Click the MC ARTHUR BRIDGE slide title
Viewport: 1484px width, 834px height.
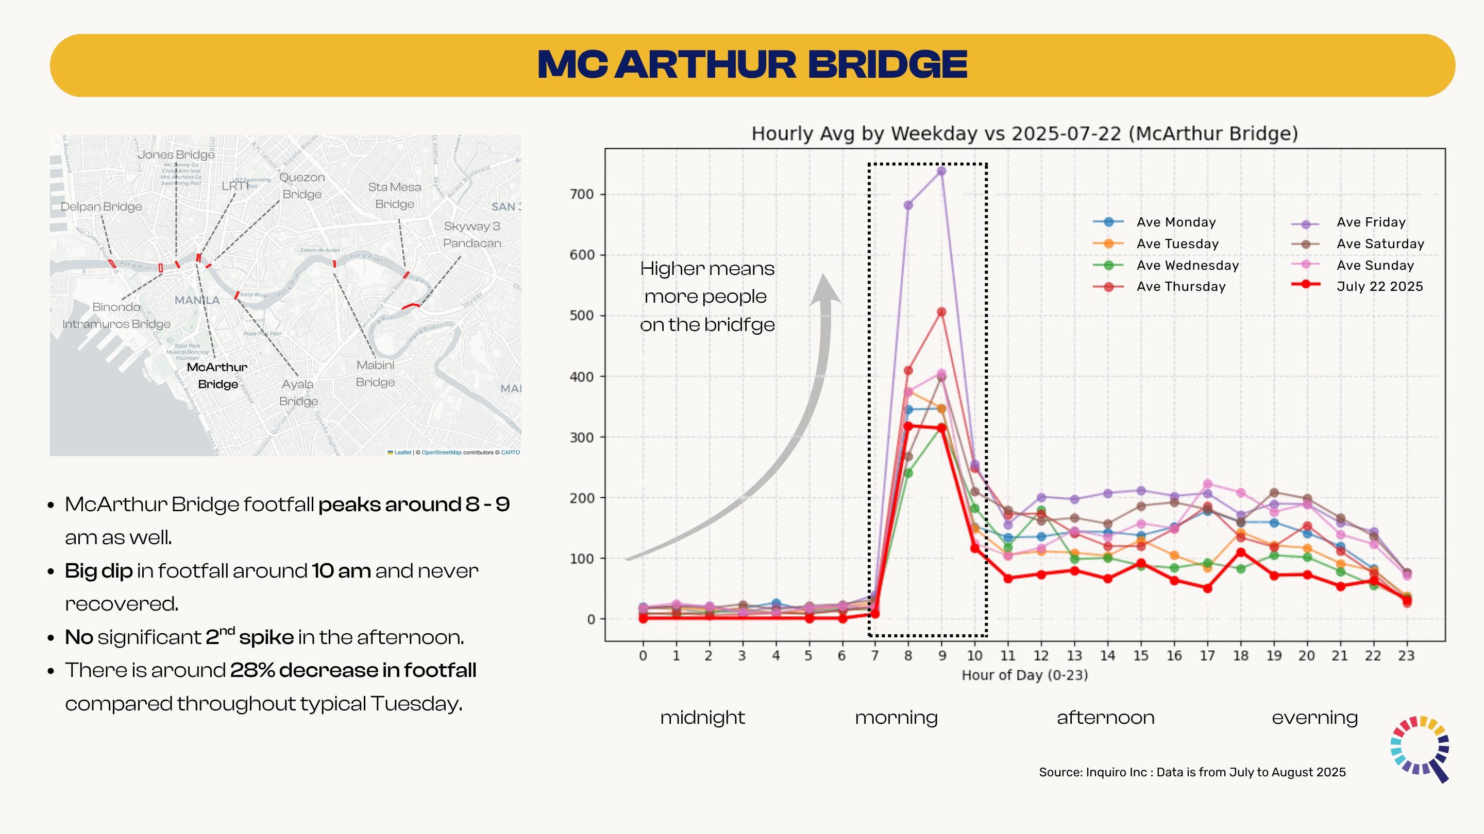(x=752, y=64)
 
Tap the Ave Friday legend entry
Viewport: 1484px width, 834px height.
(x=1371, y=222)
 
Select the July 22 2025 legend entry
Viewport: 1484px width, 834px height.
(x=1379, y=286)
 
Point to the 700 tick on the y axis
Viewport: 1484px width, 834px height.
(x=581, y=195)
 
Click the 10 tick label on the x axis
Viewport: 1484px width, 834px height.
(x=974, y=655)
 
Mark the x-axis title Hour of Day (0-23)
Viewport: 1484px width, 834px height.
(x=1024, y=674)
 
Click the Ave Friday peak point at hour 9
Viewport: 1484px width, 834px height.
(x=941, y=171)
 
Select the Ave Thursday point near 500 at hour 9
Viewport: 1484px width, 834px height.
(x=941, y=312)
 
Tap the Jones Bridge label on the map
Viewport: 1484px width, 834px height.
(x=176, y=154)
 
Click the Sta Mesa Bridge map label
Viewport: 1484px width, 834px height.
(x=395, y=195)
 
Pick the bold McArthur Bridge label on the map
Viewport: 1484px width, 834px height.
(x=217, y=375)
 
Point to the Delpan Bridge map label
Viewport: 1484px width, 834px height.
(x=101, y=206)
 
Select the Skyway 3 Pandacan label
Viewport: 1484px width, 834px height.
(x=472, y=234)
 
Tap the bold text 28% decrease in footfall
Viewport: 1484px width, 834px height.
(x=352, y=670)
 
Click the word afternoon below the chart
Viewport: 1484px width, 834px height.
(x=1105, y=717)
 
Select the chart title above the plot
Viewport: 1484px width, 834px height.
(x=1024, y=133)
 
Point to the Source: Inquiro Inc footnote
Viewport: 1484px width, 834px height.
(x=1192, y=772)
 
